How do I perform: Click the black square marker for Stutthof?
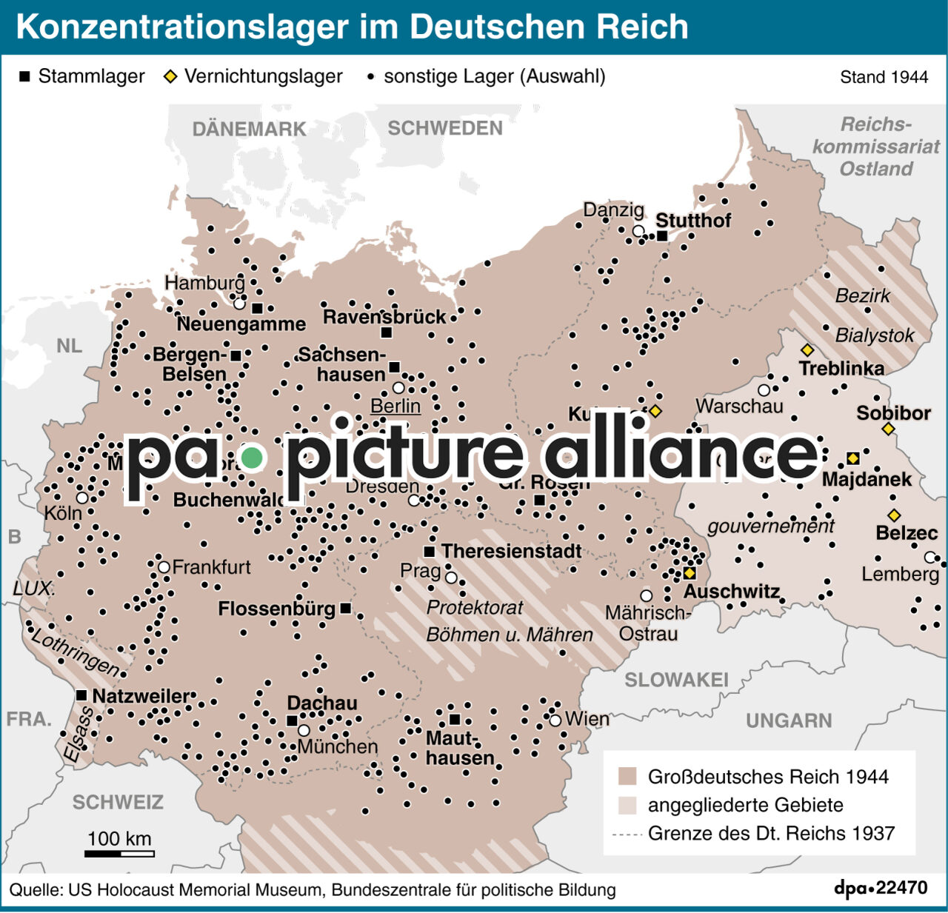click(662, 235)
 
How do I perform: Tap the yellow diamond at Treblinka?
click(807, 350)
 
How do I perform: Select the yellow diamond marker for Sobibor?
click(888, 429)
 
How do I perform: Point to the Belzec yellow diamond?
click(894, 515)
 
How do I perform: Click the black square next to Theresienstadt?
click(430, 552)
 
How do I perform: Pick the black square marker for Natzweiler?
click(81, 695)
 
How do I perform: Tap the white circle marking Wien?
click(555, 720)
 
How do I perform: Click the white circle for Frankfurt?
click(164, 567)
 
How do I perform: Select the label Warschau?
click(739, 406)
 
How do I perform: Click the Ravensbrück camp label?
click(384, 317)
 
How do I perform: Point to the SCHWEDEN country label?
click(445, 128)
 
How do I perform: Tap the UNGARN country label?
click(789, 720)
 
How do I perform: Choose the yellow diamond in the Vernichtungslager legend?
click(170, 76)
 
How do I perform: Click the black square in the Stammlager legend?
click(25, 76)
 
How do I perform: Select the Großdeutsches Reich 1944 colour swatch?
click(627, 777)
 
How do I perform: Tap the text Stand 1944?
click(884, 77)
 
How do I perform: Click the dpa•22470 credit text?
click(881, 888)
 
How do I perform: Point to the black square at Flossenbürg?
click(345, 609)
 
